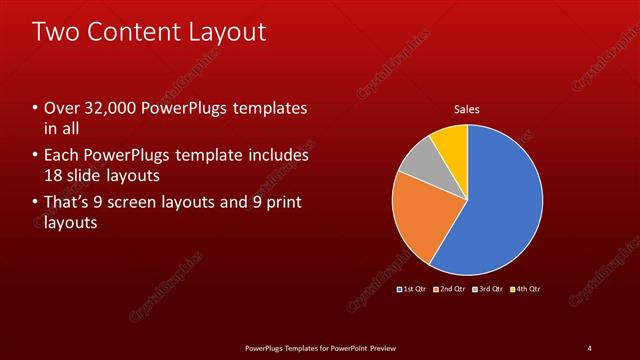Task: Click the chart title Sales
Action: click(x=468, y=109)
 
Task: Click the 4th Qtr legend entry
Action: click(x=527, y=289)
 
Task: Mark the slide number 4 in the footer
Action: click(x=590, y=347)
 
